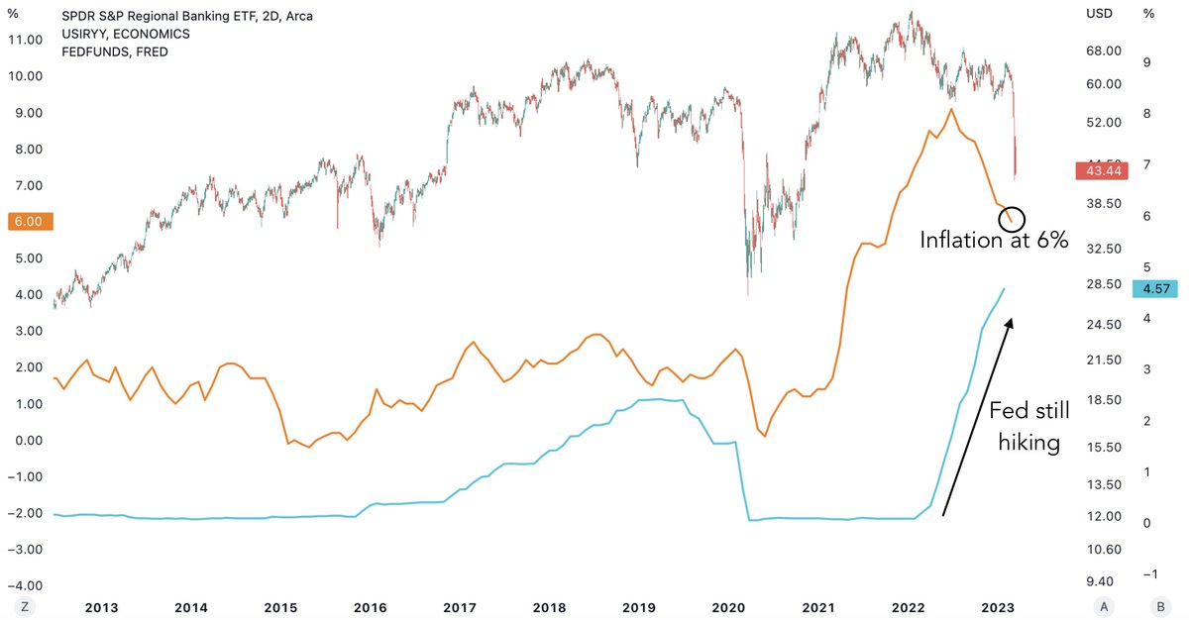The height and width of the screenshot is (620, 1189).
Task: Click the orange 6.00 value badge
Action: click(26, 222)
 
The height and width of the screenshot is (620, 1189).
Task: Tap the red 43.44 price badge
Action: click(1102, 171)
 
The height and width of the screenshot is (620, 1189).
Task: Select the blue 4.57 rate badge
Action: click(1156, 288)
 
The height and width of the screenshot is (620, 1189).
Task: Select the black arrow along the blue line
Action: click(978, 416)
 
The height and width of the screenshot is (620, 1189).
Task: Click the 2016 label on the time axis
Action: click(370, 607)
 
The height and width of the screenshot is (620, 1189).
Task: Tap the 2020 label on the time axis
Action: click(728, 607)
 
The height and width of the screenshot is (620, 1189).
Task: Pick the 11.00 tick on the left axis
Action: click(24, 40)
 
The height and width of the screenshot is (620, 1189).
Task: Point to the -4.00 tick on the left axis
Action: click(24, 585)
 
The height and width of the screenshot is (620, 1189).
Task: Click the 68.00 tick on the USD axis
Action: click(1104, 51)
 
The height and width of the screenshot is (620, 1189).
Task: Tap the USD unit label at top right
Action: click(1100, 14)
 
